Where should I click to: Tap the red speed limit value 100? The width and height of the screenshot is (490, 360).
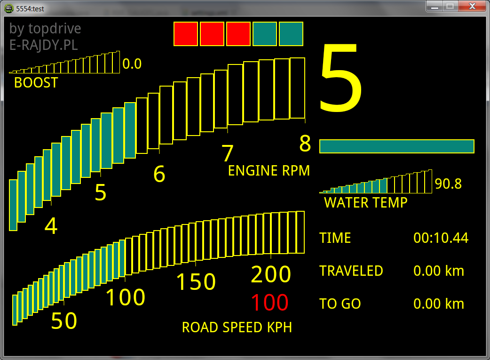[269, 303]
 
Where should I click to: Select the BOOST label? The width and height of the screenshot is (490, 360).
[36, 83]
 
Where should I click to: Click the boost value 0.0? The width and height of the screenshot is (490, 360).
[132, 64]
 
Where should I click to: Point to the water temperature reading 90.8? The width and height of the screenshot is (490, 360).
[448, 184]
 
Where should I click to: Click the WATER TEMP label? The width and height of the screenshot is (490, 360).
[365, 203]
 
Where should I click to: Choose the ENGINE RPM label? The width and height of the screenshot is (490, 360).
[269, 171]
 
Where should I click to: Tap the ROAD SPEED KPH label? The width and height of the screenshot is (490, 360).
[237, 328]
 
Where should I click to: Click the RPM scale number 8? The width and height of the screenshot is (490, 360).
[305, 144]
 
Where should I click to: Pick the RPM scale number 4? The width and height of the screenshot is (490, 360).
[51, 226]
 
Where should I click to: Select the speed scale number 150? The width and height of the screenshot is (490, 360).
[196, 282]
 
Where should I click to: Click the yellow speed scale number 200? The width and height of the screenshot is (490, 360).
[271, 274]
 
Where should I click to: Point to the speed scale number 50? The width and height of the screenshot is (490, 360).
[64, 321]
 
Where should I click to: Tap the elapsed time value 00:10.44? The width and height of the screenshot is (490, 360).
[441, 238]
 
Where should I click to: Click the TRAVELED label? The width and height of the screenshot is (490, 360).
[351, 271]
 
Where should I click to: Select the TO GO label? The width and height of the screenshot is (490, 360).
[340, 304]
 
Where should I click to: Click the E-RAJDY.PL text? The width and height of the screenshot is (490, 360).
[43, 45]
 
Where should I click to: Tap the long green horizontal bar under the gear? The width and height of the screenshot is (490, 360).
[396, 146]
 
